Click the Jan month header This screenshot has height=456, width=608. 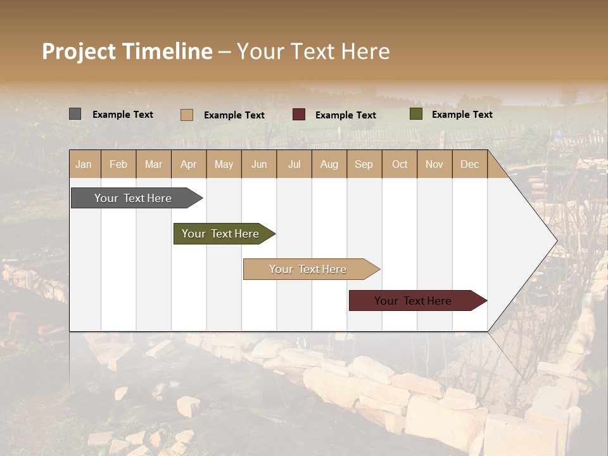tap(84, 164)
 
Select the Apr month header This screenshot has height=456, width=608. tap(189, 164)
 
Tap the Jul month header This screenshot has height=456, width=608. tap(294, 164)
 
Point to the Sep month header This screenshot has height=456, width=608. tap(364, 164)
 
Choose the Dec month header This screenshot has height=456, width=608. tap(469, 164)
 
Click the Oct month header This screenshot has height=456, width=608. tap(400, 164)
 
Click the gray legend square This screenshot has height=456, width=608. tap(75, 114)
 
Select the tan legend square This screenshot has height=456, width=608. tap(186, 115)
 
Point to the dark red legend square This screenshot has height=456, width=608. tap(299, 115)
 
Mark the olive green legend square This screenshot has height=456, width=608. tap(415, 114)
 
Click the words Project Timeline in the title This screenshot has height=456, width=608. tap(127, 51)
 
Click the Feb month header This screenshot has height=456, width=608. tap(118, 164)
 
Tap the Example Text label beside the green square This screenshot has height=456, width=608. tap(462, 114)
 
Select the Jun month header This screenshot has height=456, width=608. tap(259, 164)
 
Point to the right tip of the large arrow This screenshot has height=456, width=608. tap(555, 241)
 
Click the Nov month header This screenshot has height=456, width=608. tap(434, 164)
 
